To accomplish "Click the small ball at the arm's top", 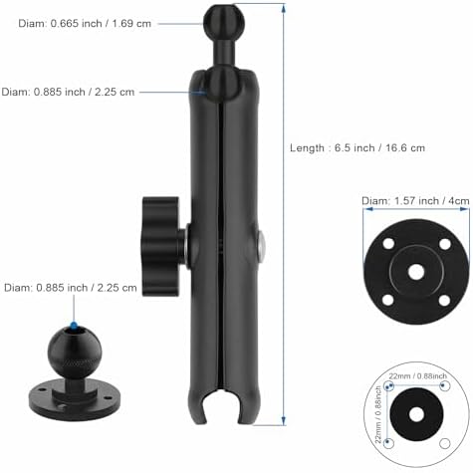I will pos(218,17).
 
